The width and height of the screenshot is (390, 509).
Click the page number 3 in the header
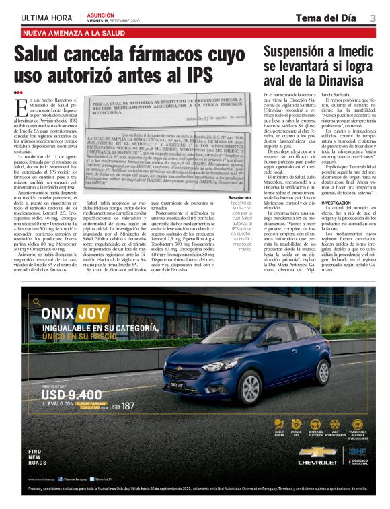pyautogui.click(x=373, y=18)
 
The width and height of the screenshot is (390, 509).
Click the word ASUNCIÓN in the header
pyautogui.click(x=102, y=14)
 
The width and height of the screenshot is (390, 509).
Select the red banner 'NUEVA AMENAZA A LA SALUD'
pyautogui.click(x=74, y=32)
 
